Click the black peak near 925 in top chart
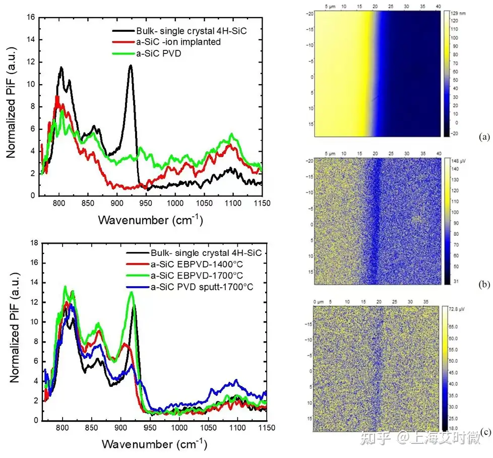[131, 66]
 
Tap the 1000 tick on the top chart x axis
[175, 204]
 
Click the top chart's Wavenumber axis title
[150, 220]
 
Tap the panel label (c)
[485, 431]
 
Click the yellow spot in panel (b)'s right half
[416, 218]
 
